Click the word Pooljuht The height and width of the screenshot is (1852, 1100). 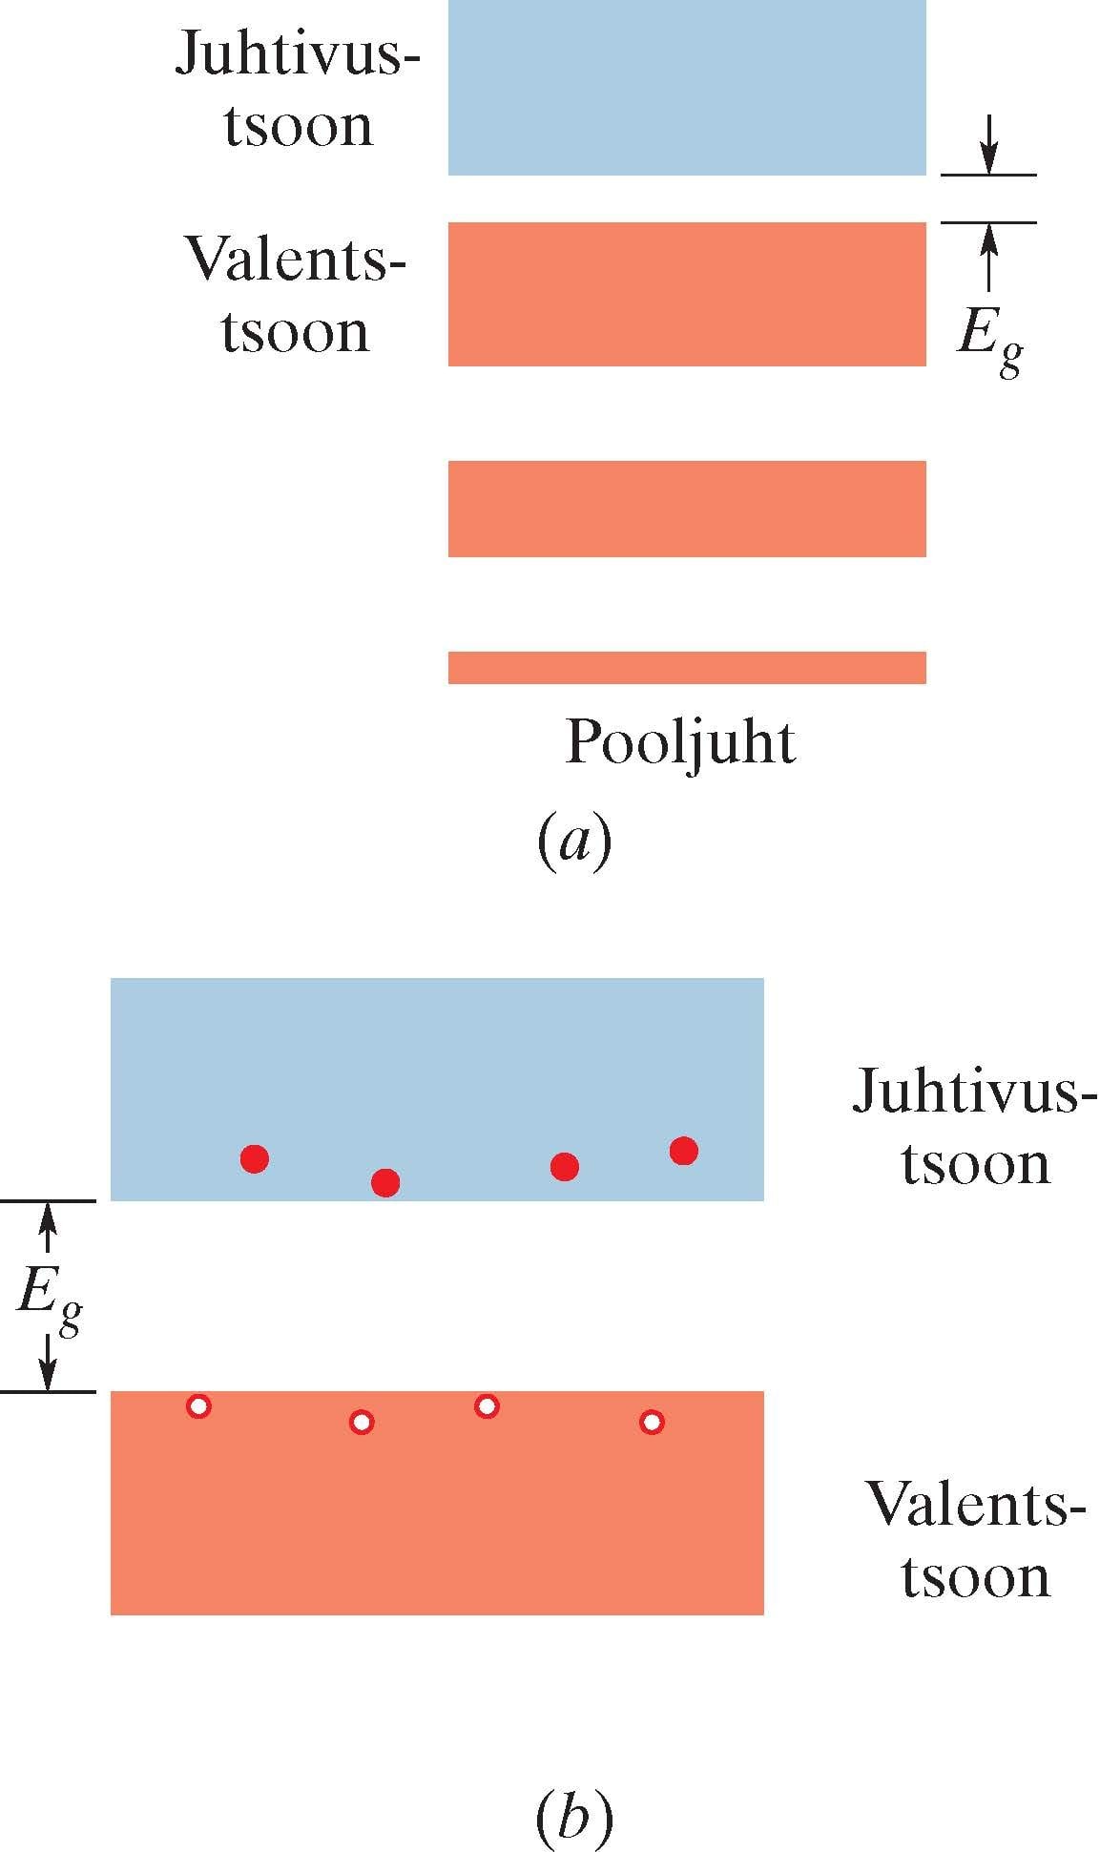click(680, 743)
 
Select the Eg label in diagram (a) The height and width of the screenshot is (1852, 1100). click(990, 341)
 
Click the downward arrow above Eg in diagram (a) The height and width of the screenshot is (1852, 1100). click(989, 144)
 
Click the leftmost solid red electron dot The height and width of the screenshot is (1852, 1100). click(255, 1159)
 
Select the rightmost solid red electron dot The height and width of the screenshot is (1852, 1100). click(683, 1152)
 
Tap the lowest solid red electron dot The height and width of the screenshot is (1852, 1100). click(385, 1183)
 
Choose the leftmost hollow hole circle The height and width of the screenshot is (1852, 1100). click(198, 1406)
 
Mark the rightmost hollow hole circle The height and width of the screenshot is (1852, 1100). click(652, 1423)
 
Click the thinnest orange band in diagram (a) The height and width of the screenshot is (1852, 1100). click(687, 668)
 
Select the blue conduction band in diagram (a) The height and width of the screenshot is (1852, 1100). click(687, 87)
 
